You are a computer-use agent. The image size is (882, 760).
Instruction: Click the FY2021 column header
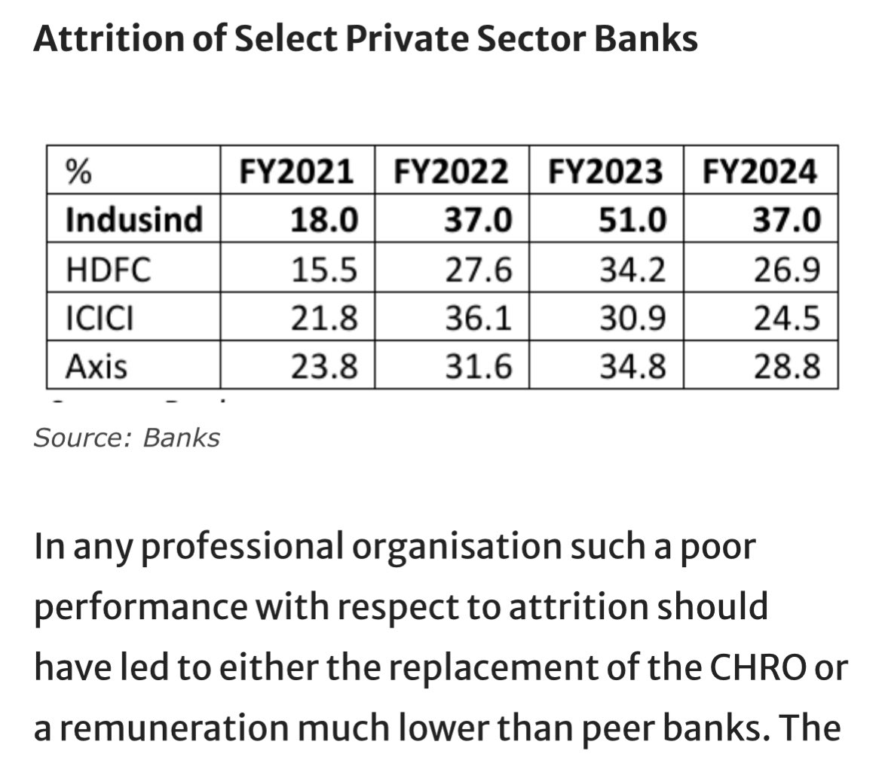coord(297,173)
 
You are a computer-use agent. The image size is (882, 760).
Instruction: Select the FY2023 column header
coord(606,173)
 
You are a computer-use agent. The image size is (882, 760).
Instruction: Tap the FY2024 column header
coord(760,173)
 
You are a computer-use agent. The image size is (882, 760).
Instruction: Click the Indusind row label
coord(134,220)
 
